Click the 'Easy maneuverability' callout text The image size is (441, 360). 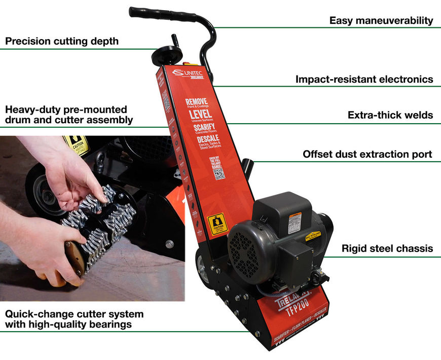[381, 21]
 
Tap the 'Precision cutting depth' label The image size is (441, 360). [62, 41]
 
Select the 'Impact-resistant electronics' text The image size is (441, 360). [364, 79]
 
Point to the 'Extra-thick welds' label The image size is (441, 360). [390, 115]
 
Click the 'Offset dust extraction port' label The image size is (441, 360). [367, 154]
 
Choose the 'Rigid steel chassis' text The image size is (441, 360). [387, 248]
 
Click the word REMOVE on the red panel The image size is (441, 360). [196, 101]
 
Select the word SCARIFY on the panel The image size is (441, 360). [204, 127]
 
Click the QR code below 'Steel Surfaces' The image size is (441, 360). [219, 173]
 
